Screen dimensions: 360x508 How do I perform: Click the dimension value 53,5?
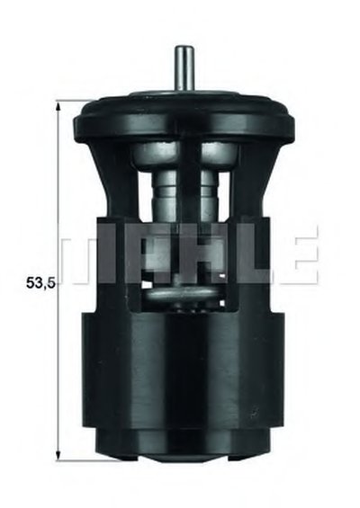[41, 283]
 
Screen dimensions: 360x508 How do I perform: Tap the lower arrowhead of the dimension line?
[58, 454]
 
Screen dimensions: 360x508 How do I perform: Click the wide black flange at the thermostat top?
[184, 120]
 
